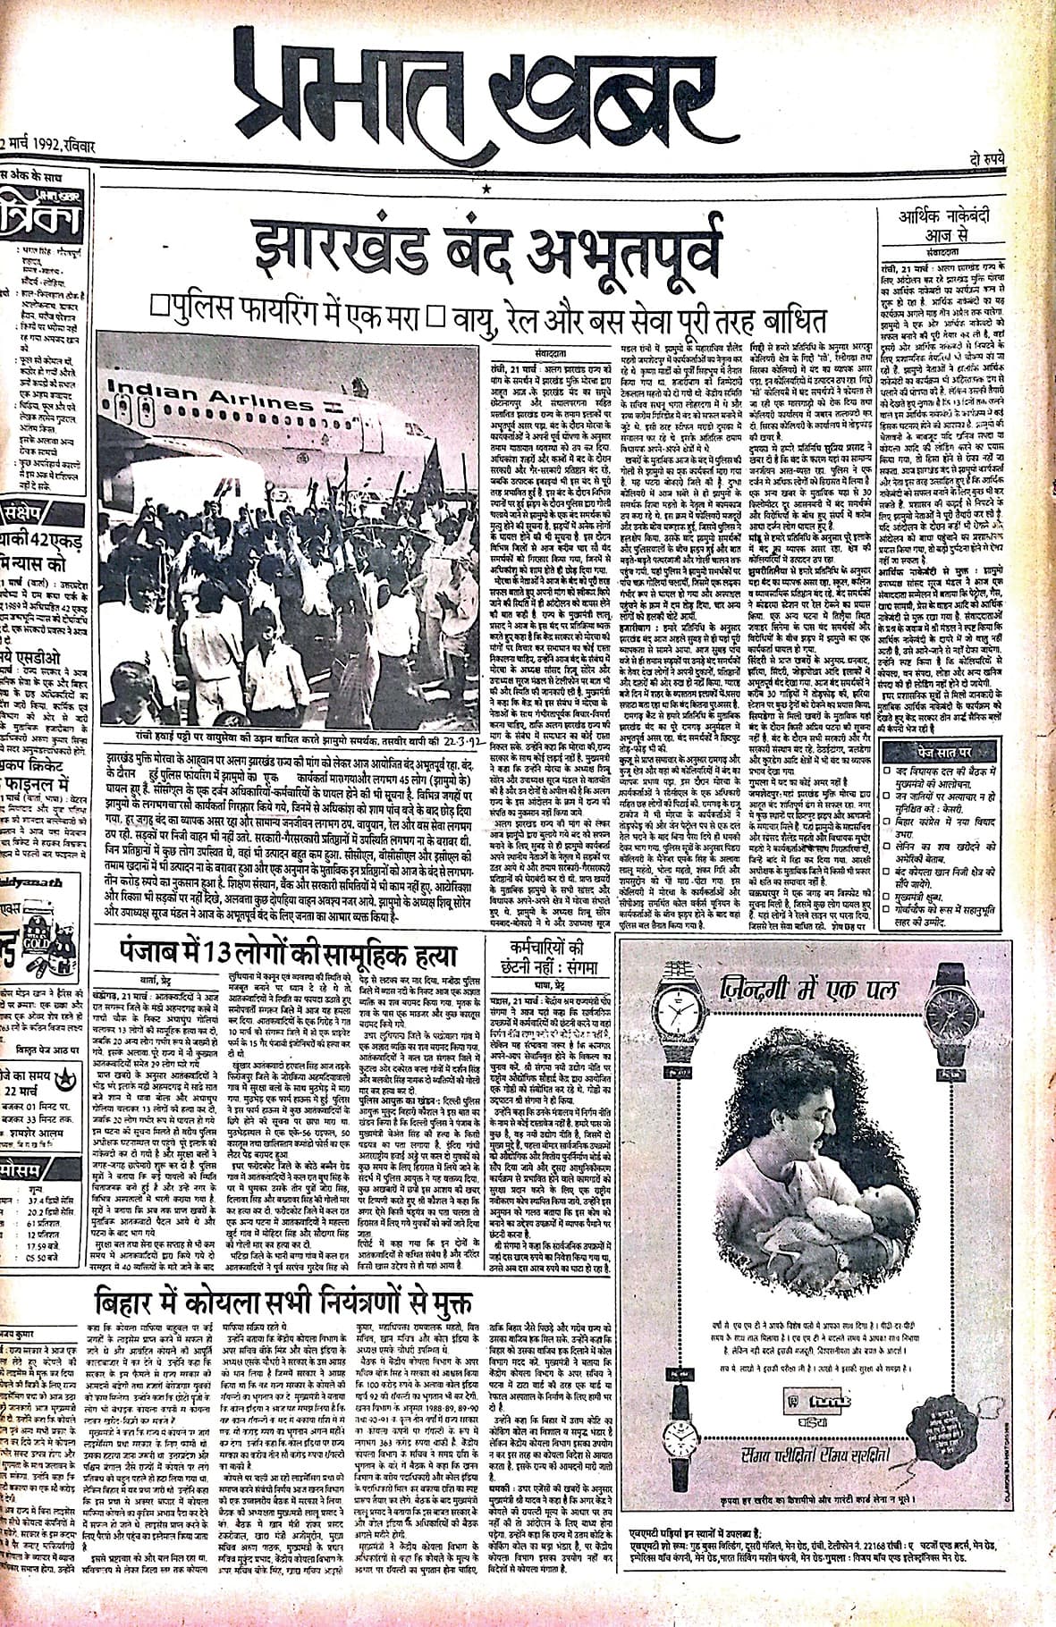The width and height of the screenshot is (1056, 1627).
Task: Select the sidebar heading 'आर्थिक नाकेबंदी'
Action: pyautogui.click(x=958, y=215)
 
